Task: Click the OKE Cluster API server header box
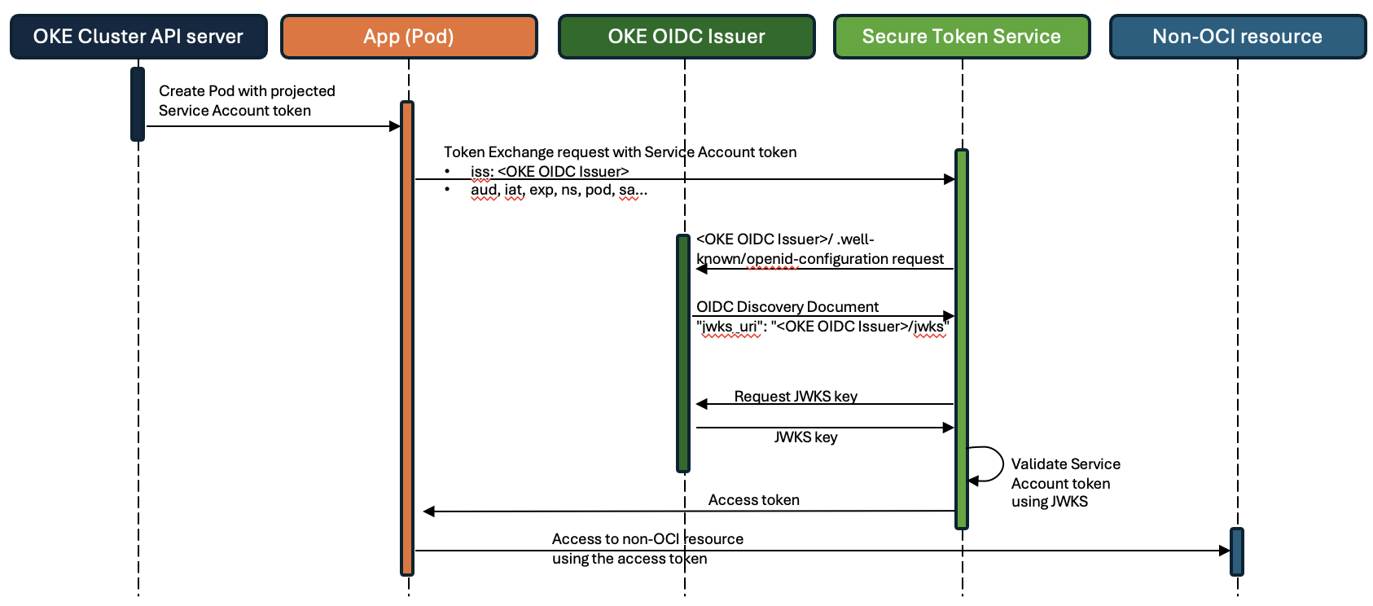(x=138, y=37)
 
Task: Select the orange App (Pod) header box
(x=409, y=37)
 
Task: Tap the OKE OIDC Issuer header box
(x=686, y=37)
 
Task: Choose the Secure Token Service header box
(x=961, y=37)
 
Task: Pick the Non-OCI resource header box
(x=1237, y=37)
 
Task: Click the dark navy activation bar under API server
(x=138, y=104)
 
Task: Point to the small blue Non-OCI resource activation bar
(x=1236, y=551)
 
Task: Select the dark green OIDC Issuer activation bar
(x=683, y=353)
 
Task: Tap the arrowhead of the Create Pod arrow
(x=395, y=126)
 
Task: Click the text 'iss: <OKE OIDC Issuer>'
(x=550, y=172)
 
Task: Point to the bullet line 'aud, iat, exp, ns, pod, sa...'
(x=559, y=191)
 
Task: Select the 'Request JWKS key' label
(x=796, y=396)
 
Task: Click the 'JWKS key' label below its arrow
(x=805, y=437)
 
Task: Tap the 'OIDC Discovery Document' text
(x=787, y=307)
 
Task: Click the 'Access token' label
(x=753, y=500)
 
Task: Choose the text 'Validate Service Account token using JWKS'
(x=1064, y=483)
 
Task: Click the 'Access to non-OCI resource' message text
(x=647, y=539)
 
